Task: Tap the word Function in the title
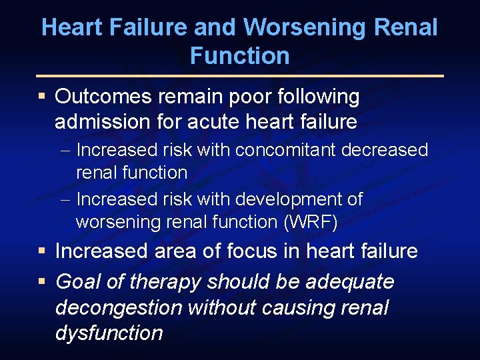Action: [x=239, y=56]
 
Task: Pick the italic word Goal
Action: [x=78, y=282]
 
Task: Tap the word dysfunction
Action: [x=109, y=333]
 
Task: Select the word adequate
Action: [x=349, y=282]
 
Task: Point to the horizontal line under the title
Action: [x=240, y=75]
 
